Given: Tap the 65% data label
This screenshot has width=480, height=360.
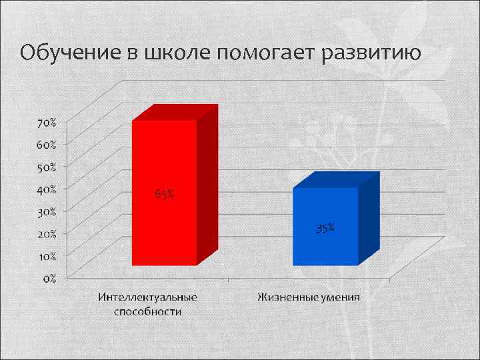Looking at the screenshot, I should click(x=165, y=195).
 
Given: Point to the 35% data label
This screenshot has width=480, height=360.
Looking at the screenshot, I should click(x=325, y=229).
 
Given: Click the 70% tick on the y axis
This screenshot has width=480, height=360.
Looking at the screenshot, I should click(x=47, y=123).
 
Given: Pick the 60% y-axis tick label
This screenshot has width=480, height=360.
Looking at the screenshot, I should click(x=47, y=144).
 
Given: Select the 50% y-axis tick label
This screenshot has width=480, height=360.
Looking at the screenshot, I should click(x=47, y=166).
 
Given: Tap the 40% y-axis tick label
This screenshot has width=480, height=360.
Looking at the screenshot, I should click(x=47, y=189).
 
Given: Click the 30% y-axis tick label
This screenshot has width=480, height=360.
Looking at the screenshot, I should click(x=47, y=211).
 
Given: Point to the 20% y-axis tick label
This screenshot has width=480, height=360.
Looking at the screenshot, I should click(x=47, y=233).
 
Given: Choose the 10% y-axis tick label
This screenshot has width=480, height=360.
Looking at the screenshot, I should click(x=47, y=256).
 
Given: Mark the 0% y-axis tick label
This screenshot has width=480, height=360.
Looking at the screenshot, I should click(x=49, y=278).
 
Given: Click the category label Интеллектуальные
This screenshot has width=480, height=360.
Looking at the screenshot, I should click(x=147, y=297).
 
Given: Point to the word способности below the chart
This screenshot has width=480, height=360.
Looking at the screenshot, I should click(x=147, y=311).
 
